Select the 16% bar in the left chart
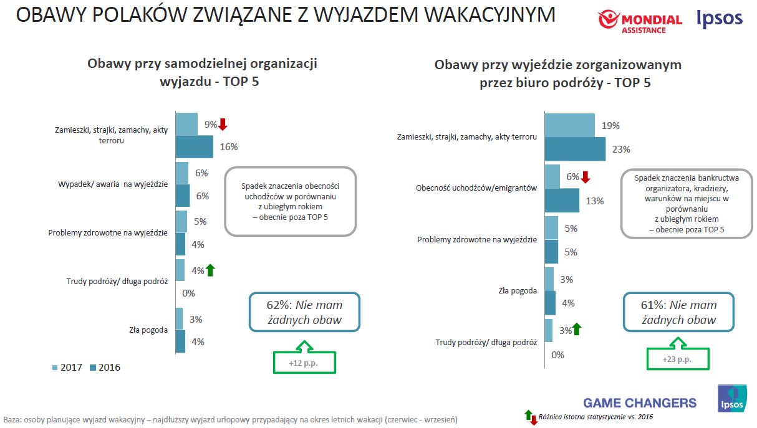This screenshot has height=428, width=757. [x=194, y=147]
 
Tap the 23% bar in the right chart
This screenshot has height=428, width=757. [x=575, y=149]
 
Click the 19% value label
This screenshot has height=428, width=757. [x=610, y=125]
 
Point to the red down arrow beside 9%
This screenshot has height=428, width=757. [x=223, y=124]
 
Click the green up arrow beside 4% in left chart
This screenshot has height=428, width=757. [x=210, y=270]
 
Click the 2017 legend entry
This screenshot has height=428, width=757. [x=67, y=368]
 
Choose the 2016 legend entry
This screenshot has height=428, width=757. [x=105, y=368]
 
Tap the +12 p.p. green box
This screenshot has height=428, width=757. [x=304, y=362]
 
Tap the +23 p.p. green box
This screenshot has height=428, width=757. [x=677, y=359]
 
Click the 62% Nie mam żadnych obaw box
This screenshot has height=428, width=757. [x=305, y=312]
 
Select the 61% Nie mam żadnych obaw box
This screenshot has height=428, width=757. [x=678, y=312]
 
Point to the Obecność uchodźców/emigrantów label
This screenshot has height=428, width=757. [x=476, y=188]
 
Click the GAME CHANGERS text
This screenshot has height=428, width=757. [x=640, y=402]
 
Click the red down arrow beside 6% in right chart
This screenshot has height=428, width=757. [x=585, y=177]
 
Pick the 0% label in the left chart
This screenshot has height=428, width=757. [x=189, y=293]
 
